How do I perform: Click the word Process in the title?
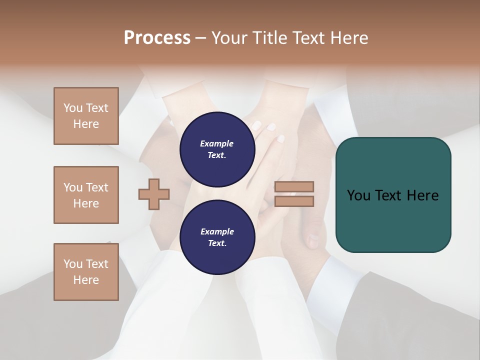point(157,38)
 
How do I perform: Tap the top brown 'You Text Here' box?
point(86,116)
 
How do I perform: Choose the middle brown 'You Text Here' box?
point(86,195)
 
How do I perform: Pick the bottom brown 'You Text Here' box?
point(86,272)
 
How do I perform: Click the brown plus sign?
point(154,194)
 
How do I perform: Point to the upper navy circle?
point(217,149)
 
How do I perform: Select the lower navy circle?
point(217,237)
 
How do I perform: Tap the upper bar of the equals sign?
point(294,187)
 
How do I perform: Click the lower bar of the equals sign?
point(294,201)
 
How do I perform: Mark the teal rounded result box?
point(393,194)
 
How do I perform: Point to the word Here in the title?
point(349,38)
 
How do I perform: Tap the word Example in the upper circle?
point(217,143)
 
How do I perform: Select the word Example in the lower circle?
point(217,231)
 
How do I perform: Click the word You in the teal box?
point(358,195)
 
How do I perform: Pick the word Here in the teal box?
point(422,195)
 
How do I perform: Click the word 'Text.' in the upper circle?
point(217,155)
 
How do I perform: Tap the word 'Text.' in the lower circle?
point(217,243)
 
